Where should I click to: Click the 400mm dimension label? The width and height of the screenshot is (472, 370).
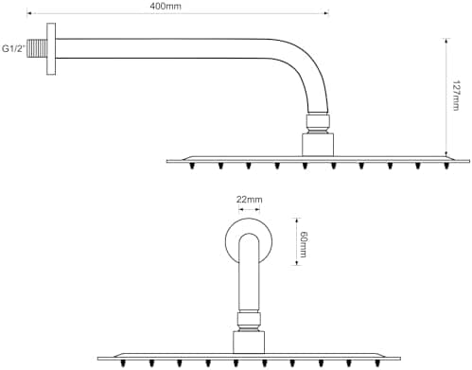(x=166, y=7)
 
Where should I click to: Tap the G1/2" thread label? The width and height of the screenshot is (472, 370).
(x=13, y=49)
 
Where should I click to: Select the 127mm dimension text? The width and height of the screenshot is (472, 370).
(x=456, y=96)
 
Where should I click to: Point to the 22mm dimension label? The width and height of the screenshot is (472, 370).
(x=249, y=200)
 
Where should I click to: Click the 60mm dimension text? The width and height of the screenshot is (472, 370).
(x=304, y=244)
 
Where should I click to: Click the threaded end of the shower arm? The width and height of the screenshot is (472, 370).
(x=37, y=48)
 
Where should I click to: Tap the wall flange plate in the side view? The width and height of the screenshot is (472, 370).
(x=51, y=49)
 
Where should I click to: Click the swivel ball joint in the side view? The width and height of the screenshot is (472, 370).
(x=318, y=123)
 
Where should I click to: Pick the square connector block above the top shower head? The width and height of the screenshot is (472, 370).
(x=318, y=145)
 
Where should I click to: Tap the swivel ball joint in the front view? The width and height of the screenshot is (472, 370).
(x=249, y=321)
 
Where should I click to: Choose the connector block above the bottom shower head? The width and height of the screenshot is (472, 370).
(x=249, y=342)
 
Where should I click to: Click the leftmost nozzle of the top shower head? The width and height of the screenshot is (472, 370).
(x=192, y=166)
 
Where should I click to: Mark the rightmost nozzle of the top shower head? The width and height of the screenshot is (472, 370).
(x=446, y=166)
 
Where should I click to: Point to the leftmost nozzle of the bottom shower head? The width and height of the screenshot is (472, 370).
(x=123, y=363)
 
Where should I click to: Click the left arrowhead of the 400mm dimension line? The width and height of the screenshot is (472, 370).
(x=29, y=13)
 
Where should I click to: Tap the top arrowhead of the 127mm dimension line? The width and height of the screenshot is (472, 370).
(x=446, y=41)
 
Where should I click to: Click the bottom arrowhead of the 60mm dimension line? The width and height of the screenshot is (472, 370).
(x=296, y=262)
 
